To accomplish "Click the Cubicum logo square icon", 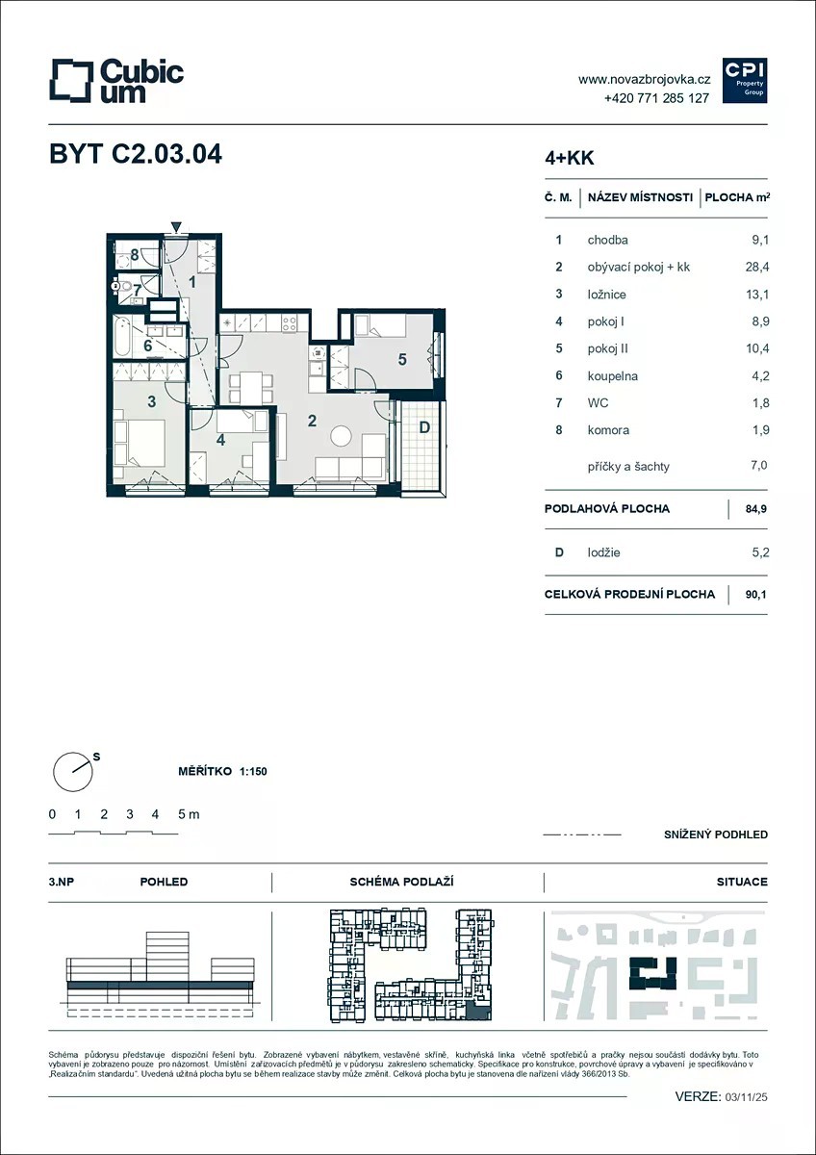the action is [x=71, y=81].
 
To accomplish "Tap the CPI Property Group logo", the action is [x=745, y=81].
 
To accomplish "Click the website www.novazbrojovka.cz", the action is [x=644, y=79].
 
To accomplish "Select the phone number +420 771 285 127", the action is [x=656, y=98].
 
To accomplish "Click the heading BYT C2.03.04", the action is [x=136, y=154].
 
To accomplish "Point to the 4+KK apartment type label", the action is [x=569, y=158].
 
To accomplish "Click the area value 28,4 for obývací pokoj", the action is [x=757, y=267].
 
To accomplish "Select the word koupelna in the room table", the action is [x=612, y=376].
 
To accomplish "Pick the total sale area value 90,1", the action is [x=755, y=594].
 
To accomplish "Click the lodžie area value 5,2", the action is [x=760, y=552].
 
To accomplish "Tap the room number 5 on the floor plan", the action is [x=402, y=359].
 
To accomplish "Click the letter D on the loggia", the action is [x=424, y=427].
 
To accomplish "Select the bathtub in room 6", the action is [x=122, y=337].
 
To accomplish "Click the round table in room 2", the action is [x=341, y=436].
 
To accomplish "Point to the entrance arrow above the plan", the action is [x=176, y=227].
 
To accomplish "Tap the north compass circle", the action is [x=73, y=772].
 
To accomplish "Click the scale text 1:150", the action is [x=253, y=771].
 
